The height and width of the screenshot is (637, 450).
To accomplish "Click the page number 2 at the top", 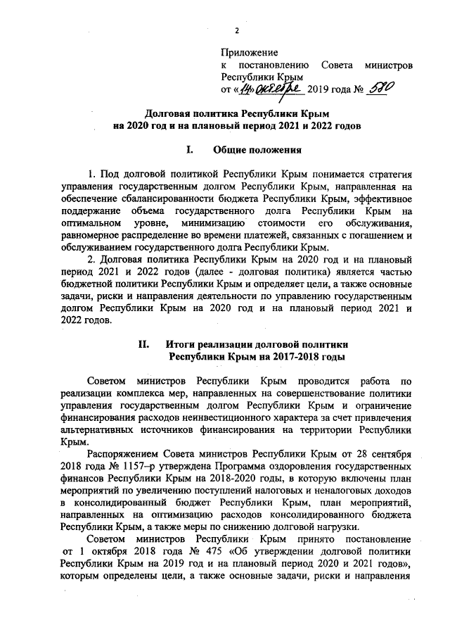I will coord(236,30).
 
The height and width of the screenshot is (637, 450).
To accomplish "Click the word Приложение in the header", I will coord(249,53).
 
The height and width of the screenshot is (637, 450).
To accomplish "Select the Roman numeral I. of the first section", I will coord(188,149).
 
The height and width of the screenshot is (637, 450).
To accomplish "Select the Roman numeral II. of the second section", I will coord(142,344).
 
